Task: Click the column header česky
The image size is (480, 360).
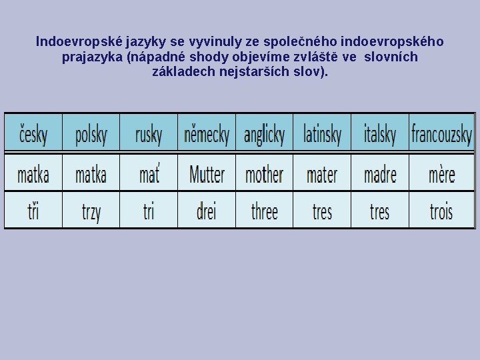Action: pyautogui.click(x=33, y=133)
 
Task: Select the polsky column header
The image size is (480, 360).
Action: pyautogui.click(x=91, y=133)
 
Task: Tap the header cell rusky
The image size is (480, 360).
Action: pyautogui.click(x=149, y=133)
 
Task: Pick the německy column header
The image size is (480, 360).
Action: pyautogui.click(x=207, y=133)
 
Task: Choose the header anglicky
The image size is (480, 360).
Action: pyautogui.click(x=264, y=133)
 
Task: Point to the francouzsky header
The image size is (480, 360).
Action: pyautogui.click(x=441, y=133)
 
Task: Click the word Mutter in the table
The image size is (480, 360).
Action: pyautogui.click(x=207, y=175)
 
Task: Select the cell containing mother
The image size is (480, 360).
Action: pyautogui.click(x=264, y=175)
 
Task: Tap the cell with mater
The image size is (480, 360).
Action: pyautogui.click(x=322, y=175)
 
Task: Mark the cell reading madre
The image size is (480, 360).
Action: pyautogui.click(x=380, y=175)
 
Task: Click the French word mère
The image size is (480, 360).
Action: pyautogui.click(x=441, y=175)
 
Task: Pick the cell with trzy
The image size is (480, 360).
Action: pyautogui.click(x=91, y=212)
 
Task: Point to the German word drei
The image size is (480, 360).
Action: pyautogui.click(x=207, y=212)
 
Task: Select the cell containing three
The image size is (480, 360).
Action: pyautogui.click(x=264, y=212)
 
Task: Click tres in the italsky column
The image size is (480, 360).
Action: pyautogui.click(x=380, y=212)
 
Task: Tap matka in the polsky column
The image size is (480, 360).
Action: pyautogui.click(x=91, y=175)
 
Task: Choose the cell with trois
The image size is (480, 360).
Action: pyautogui.click(x=441, y=212)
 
